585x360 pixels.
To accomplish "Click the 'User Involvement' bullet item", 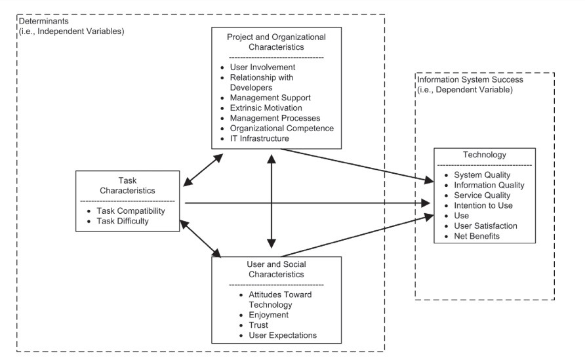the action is coord(262,67).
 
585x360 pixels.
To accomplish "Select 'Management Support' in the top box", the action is coord(270,98).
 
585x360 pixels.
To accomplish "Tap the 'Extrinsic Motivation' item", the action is coord(266,108).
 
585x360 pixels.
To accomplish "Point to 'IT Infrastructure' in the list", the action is coord(259,138).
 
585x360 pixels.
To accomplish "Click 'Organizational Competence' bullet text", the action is coord(282,129).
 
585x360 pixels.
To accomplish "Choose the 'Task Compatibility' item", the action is coord(131,210).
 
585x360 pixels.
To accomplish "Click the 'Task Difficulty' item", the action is coord(123,221).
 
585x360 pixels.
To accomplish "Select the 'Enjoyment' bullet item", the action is coord(269,315).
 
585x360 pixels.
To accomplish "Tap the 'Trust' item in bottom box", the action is coord(258,325).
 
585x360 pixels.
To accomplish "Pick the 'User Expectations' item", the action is coord(283,335).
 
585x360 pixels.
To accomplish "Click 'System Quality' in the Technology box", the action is coord(482,175).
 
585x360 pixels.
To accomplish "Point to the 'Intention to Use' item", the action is coord(483,205).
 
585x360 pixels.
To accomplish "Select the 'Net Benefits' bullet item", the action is coord(477,236).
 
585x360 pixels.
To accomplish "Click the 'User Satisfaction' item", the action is coord(485,226).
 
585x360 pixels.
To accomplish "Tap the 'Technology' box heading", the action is coord(485,155).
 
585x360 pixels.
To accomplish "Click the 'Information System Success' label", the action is coord(470,79).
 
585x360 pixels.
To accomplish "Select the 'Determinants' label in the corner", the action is coord(44,21).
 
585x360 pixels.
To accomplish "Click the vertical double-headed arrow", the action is coord(272,201).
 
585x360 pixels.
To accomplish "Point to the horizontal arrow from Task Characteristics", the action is coord(308,203).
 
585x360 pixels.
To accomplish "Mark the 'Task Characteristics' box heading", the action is coord(127,186).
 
